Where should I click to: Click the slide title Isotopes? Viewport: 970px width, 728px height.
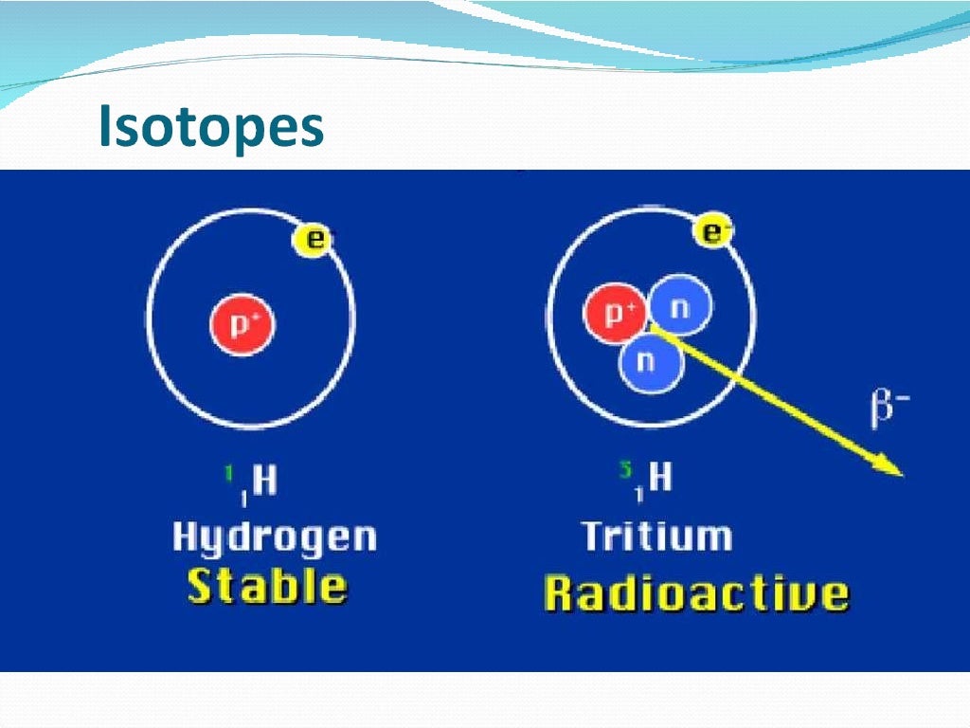coord(210,129)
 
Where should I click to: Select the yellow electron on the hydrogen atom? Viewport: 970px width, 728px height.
coord(314,240)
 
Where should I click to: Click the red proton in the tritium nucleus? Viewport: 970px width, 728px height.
coord(617,313)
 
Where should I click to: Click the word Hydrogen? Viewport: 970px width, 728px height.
coord(274,538)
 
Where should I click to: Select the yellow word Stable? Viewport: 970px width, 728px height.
coord(266,586)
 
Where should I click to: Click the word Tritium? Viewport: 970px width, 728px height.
coord(656,537)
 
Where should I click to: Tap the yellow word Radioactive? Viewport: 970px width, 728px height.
coord(695,594)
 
